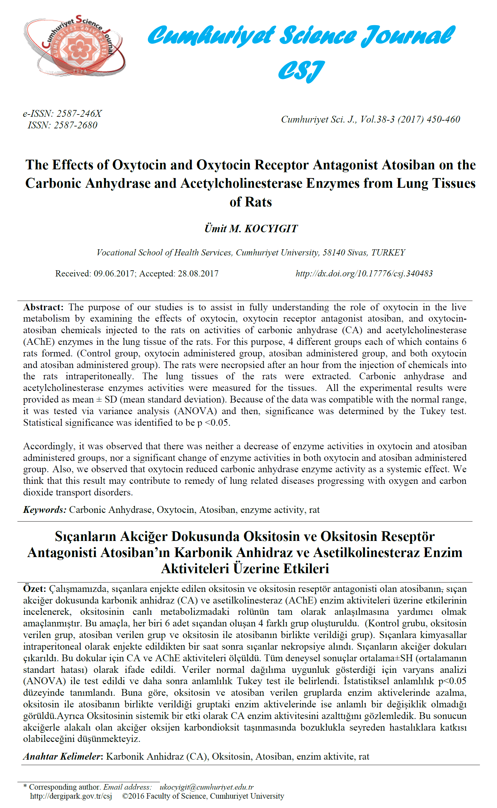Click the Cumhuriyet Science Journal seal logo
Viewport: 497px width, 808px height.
click(75, 46)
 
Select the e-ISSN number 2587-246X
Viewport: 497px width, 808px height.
click(79, 114)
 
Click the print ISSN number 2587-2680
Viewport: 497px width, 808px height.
click(76, 125)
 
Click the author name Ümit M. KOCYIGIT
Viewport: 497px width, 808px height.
click(251, 229)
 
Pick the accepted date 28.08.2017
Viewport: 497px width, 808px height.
click(198, 274)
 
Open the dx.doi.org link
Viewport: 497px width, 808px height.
click(364, 274)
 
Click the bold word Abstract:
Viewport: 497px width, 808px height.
click(44, 307)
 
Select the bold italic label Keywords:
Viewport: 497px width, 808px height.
click(45, 510)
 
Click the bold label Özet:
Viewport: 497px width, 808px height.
click(34, 589)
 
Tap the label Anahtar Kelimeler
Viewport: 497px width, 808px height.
click(62, 756)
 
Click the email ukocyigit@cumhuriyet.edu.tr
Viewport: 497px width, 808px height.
click(206, 787)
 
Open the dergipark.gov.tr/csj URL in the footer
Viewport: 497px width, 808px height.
click(71, 796)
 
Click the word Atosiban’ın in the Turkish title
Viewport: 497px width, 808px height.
click(135, 553)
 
